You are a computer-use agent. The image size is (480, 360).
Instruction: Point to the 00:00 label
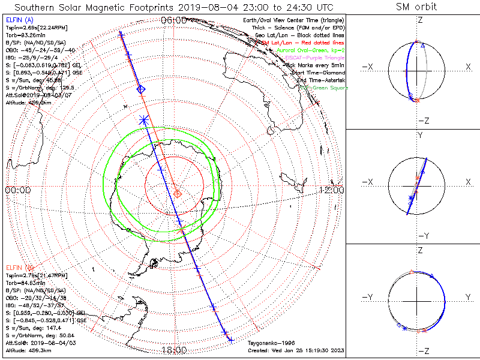(x=17, y=190)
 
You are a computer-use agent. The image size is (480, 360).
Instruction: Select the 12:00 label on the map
(x=331, y=190)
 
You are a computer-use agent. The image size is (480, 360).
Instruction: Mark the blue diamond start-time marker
(x=141, y=89)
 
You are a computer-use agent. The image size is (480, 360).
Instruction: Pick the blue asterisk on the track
(x=143, y=119)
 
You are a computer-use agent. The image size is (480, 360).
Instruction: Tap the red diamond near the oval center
(x=178, y=193)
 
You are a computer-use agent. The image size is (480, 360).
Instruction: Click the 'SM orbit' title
(x=416, y=7)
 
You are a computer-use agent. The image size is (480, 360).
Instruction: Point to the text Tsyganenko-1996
(x=270, y=343)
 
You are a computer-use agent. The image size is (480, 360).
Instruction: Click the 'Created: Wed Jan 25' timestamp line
(x=296, y=350)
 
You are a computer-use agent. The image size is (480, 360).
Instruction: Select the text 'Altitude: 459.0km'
(x=28, y=103)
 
